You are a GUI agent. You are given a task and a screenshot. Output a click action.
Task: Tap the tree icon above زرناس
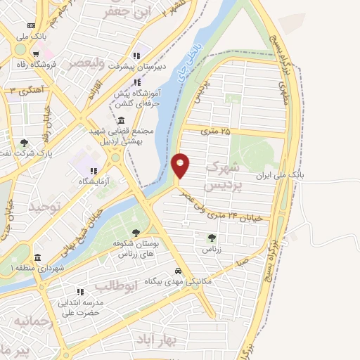click(x=212, y=238)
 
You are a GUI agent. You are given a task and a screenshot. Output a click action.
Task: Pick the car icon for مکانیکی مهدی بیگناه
click(x=179, y=271)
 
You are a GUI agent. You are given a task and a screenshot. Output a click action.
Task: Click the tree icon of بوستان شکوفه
click(x=136, y=233)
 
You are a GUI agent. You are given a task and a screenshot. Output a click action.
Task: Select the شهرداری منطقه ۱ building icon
click(x=37, y=257)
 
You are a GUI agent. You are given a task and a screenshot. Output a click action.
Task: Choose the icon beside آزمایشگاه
click(x=93, y=170)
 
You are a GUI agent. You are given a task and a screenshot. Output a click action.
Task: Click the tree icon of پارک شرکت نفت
click(x=25, y=143)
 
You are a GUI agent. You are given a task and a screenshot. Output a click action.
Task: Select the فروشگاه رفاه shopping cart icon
click(x=34, y=52)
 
